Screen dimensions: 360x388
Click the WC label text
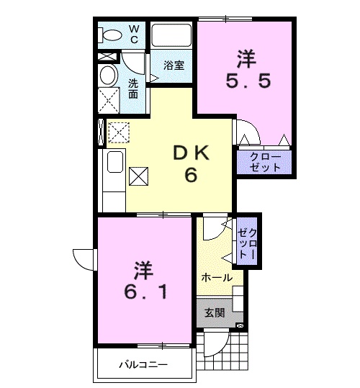pyautogui.click(x=134, y=35)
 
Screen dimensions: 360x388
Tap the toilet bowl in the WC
pyautogui.click(x=112, y=35)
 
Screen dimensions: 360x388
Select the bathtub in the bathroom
pyautogui.click(x=171, y=35)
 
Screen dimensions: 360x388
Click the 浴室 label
pyautogui.click(x=174, y=65)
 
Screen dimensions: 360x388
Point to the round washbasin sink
pyautogui.click(x=108, y=75)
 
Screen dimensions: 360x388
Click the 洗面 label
pyautogui.click(x=133, y=89)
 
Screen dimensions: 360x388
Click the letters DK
pyautogui.click(x=191, y=153)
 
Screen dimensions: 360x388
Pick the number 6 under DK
pyautogui.click(x=191, y=175)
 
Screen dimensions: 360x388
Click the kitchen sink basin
pyautogui.click(x=115, y=162)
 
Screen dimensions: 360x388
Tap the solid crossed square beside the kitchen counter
pyautogui.click(x=138, y=176)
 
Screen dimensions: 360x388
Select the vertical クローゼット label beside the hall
pyautogui.click(x=247, y=243)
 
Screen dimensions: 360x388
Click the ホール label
pyautogui.click(x=217, y=278)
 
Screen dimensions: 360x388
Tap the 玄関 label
pyautogui.click(x=215, y=313)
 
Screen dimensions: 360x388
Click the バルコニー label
pyautogui.click(x=143, y=365)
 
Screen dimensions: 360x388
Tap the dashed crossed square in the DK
pyautogui.click(x=119, y=132)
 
